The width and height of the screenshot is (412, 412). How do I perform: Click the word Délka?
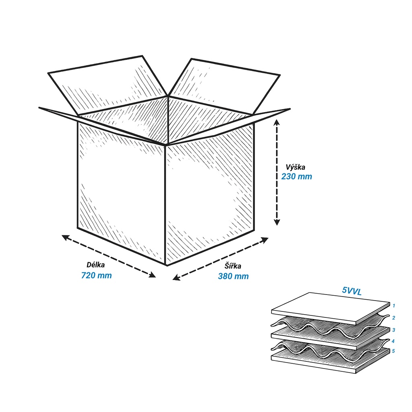[96, 265]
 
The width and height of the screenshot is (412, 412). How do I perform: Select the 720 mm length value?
[97, 275]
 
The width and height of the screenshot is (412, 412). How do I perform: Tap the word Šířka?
[233, 266]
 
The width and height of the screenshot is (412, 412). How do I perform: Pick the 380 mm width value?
[233, 276]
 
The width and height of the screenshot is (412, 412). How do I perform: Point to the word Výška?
[295, 167]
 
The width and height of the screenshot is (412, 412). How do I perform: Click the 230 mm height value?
[297, 176]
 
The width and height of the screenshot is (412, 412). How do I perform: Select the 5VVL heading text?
[352, 291]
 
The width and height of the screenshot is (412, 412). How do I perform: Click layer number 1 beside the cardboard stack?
[394, 306]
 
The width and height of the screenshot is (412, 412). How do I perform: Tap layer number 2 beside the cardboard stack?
[393, 318]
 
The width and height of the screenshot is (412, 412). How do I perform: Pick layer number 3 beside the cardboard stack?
[393, 330]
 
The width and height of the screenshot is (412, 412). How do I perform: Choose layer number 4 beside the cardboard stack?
[393, 341]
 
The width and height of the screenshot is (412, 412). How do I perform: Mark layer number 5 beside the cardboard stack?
[393, 351]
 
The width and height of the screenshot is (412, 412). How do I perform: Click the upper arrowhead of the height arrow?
[277, 122]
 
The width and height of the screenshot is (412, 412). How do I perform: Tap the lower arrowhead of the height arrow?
[277, 222]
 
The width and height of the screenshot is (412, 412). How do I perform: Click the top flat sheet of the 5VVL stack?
[331, 308]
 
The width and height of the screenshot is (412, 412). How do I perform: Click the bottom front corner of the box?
[166, 265]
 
